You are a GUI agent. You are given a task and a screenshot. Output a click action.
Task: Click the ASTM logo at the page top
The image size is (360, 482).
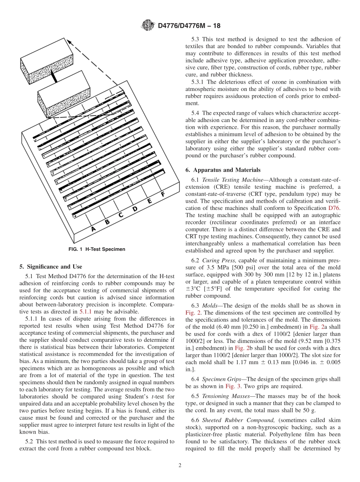click(148, 26)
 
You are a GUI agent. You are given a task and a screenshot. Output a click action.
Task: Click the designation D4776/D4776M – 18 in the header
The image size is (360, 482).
click(189, 26)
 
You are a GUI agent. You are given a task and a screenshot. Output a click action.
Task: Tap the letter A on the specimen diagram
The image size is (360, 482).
click(93, 229)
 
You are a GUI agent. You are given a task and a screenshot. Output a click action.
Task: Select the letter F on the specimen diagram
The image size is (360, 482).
click(163, 194)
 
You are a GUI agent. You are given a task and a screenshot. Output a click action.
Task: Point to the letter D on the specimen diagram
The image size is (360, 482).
click(135, 208)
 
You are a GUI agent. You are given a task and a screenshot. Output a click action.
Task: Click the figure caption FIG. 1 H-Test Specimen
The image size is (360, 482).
click(96, 249)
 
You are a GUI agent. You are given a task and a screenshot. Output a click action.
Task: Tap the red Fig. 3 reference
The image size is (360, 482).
click(232, 386)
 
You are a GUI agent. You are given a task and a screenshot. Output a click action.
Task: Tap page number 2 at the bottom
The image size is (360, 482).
click(180, 465)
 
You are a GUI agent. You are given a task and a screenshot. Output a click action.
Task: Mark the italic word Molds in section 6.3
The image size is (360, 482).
click(210, 306)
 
